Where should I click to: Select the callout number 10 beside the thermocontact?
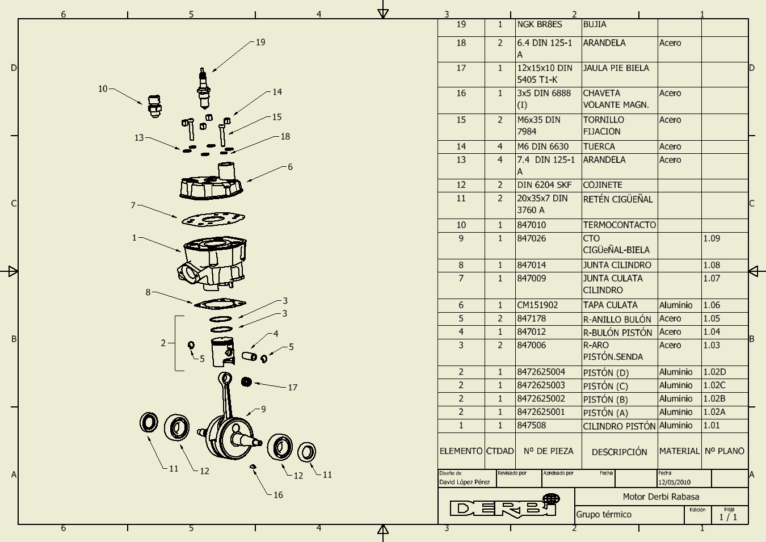[103, 89]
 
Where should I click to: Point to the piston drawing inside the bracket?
[222, 352]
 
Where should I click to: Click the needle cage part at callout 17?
[246, 381]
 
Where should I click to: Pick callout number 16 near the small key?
[278, 495]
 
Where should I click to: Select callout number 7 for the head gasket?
[133, 205]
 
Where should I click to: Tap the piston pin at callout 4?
[250, 356]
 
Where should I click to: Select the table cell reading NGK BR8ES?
[540, 25]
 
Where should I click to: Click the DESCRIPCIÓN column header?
[619, 452]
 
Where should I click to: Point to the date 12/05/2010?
[674, 482]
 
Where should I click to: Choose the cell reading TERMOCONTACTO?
[619, 225]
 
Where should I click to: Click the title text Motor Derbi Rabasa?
[661, 497]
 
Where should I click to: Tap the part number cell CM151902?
[537, 305]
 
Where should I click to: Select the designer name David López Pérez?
[464, 482]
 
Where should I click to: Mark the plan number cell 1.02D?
[714, 372]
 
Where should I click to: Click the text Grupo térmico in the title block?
[604, 514]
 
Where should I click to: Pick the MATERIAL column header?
[679, 451]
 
